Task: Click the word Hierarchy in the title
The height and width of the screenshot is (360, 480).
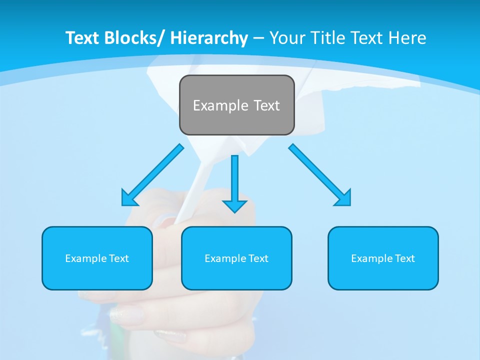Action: [209, 38]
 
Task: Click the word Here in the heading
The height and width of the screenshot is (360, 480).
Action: [407, 38]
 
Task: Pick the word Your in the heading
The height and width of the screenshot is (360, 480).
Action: [286, 38]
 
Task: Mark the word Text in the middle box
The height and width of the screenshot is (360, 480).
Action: [258, 258]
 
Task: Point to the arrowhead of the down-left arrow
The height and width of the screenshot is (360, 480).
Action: [128, 198]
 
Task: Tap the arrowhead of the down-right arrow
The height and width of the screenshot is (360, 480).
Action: [343, 198]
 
